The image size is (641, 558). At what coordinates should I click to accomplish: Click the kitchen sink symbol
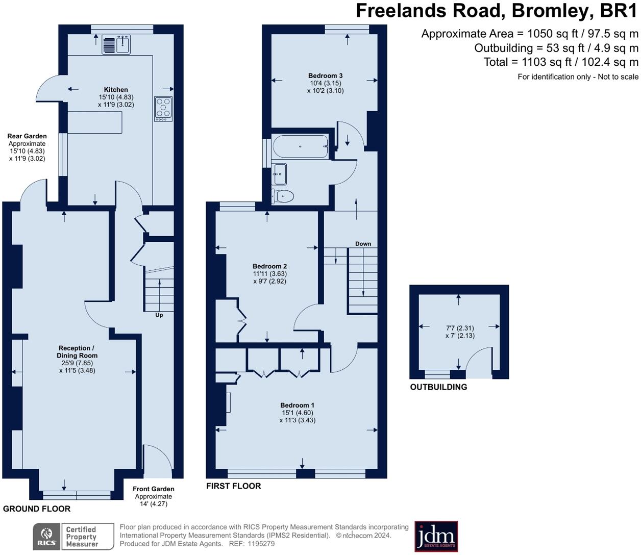click(116, 44)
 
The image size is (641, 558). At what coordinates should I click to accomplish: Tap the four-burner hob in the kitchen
click(163, 109)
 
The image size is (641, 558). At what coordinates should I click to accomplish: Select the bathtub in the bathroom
click(301, 146)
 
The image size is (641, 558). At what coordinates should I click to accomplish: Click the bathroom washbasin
click(279, 174)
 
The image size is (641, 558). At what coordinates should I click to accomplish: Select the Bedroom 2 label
click(269, 266)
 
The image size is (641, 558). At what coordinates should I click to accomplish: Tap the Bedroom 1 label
click(297, 405)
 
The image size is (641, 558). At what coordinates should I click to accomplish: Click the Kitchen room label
click(116, 90)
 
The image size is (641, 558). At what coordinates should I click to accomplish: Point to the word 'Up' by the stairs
click(159, 315)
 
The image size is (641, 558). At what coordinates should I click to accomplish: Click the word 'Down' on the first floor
click(363, 244)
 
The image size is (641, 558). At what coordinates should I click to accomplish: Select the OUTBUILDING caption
click(438, 387)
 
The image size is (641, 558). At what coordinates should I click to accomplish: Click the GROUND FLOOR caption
click(37, 509)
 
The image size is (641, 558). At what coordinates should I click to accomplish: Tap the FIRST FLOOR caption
click(233, 486)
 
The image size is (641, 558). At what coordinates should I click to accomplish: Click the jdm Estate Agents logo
click(436, 537)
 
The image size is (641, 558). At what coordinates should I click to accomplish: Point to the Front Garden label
click(153, 489)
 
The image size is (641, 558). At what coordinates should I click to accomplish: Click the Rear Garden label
click(27, 136)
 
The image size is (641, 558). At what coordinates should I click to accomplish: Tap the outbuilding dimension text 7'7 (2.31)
click(460, 328)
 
